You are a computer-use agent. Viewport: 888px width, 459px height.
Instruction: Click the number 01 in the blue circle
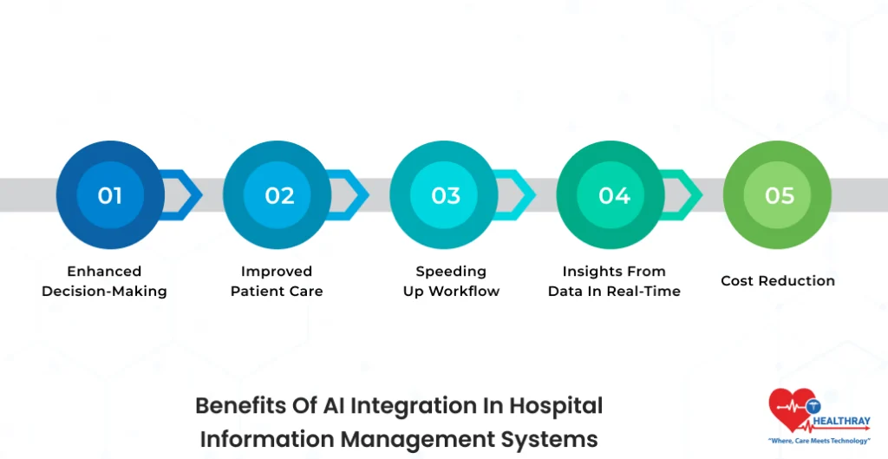click(x=110, y=195)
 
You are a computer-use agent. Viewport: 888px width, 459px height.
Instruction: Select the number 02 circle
click(x=279, y=195)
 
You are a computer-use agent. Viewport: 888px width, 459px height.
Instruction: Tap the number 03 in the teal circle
click(x=446, y=195)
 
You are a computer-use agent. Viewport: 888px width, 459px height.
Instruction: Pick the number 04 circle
click(x=613, y=195)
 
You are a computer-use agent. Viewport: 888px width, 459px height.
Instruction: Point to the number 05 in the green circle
click(x=779, y=195)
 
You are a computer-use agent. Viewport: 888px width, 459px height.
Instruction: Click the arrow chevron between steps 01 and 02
click(x=186, y=195)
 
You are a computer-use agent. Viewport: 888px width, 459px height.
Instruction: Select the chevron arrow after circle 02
click(x=354, y=195)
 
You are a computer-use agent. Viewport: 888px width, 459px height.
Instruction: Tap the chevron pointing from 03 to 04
click(x=520, y=195)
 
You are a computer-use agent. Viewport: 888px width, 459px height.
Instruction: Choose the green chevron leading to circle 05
click(x=688, y=195)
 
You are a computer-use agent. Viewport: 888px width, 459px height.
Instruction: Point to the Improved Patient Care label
click(x=277, y=281)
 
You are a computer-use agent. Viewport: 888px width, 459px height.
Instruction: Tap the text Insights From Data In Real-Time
click(x=614, y=281)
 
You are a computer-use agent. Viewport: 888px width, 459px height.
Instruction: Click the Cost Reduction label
click(x=778, y=281)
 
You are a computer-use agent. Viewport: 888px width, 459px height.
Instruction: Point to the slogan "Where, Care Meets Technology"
click(x=819, y=441)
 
